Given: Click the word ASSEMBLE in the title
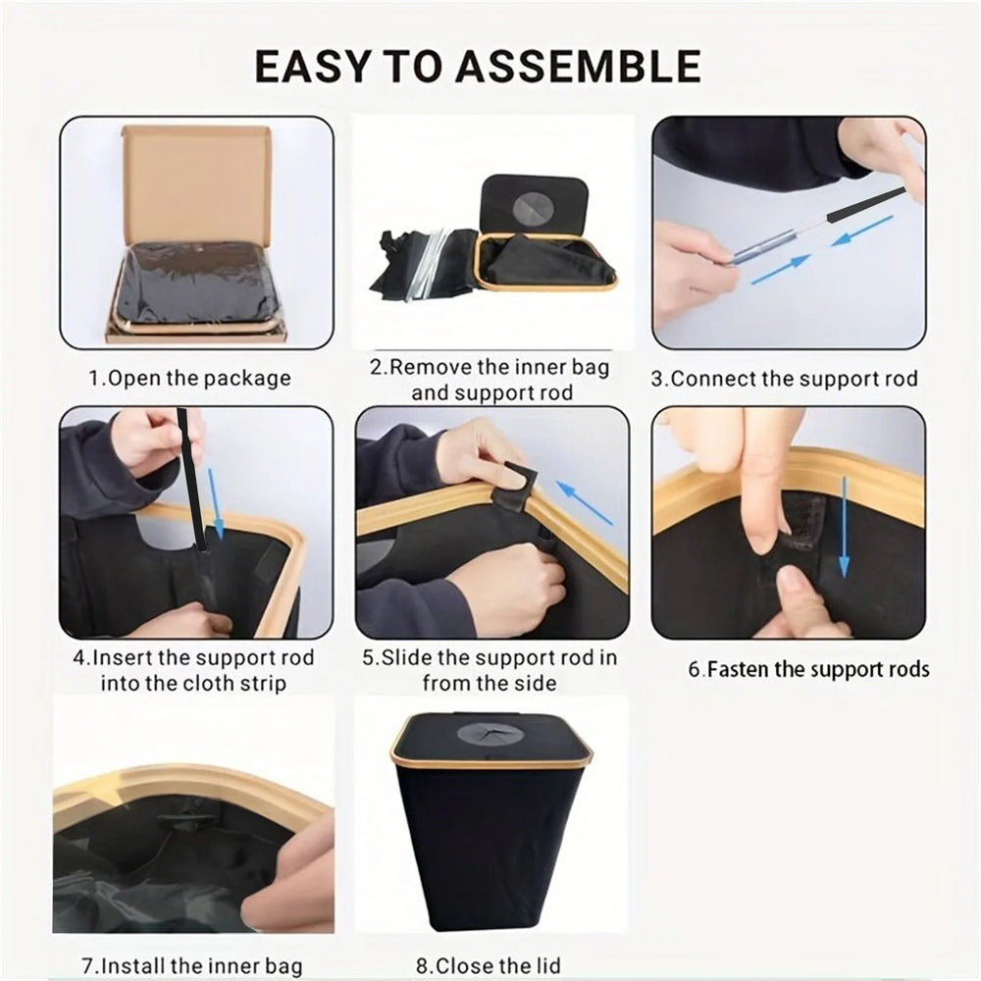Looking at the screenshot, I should click(581, 66).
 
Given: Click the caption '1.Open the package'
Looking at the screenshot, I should click(190, 378).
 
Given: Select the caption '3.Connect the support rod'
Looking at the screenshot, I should click(785, 379).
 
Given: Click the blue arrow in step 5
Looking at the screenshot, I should click(584, 500).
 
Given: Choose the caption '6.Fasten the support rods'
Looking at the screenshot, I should click(808, 670).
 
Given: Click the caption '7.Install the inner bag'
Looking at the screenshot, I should click(191, 965).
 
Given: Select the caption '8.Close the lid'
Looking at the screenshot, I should click(488, 965).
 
